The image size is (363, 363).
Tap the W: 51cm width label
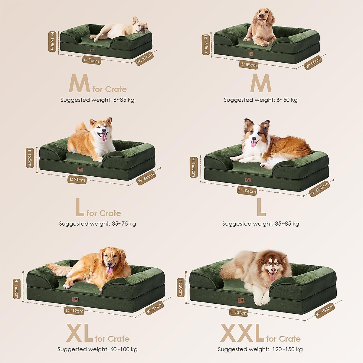tap(144, 58)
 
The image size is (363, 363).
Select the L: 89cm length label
tap(249, 65)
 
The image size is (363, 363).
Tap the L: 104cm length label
tap(247, 191)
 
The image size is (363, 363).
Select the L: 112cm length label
tap(74, 311)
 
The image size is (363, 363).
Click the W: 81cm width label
tap(155, 308)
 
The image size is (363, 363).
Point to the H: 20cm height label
tap(181, 287)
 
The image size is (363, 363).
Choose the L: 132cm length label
tap(239, 312)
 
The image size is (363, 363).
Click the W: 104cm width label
tap(325, 311)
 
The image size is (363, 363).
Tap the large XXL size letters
tap(242, 333)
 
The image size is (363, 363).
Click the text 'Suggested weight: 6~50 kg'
tap(260, 100)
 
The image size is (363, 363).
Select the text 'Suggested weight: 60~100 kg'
tap(97, 349)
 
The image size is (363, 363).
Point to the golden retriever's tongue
tap(110, 270)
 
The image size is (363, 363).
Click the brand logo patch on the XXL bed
tap(241, 301)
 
